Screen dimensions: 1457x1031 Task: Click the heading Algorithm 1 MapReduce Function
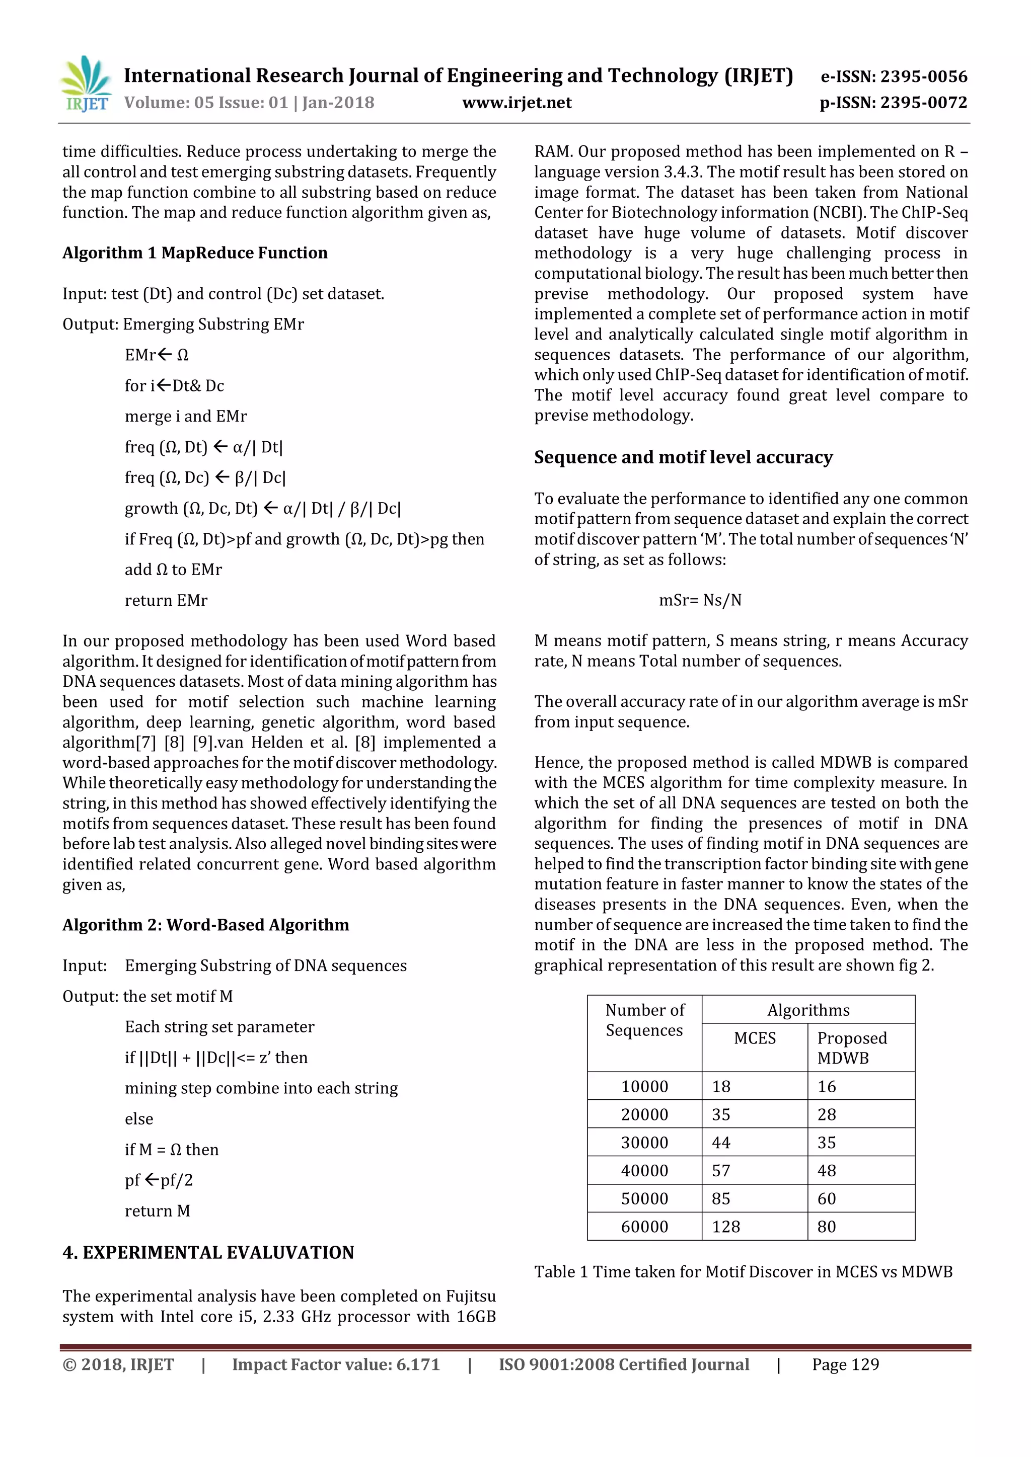(195, 253)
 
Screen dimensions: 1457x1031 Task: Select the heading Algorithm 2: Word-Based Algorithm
(206, 925)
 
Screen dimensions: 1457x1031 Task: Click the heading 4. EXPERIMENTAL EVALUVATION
(208, 1253)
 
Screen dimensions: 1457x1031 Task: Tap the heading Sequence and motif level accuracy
(683, 457)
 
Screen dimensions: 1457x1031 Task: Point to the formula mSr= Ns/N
(700, 600)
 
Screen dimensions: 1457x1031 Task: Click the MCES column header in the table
(754, 1038)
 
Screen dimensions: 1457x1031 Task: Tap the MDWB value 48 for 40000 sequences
(827, 1171)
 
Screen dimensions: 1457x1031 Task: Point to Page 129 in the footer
(845, 1365)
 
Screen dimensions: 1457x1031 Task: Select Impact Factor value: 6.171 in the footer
(336, 1365)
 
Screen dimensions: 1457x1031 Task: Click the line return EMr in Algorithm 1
(166, 601)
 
